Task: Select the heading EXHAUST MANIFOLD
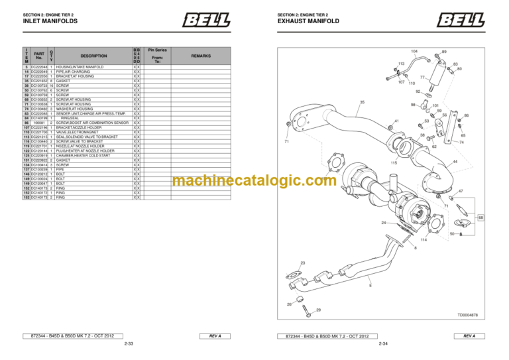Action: click(x=309, y=21)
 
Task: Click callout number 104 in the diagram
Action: click(x=414, y=51)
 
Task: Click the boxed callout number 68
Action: click(x=481, y=217)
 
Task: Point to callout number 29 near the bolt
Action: click(x=318, y=310)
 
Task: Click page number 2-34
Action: click(x=383, y=345)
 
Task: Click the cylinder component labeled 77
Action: click(x=437, y=73)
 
